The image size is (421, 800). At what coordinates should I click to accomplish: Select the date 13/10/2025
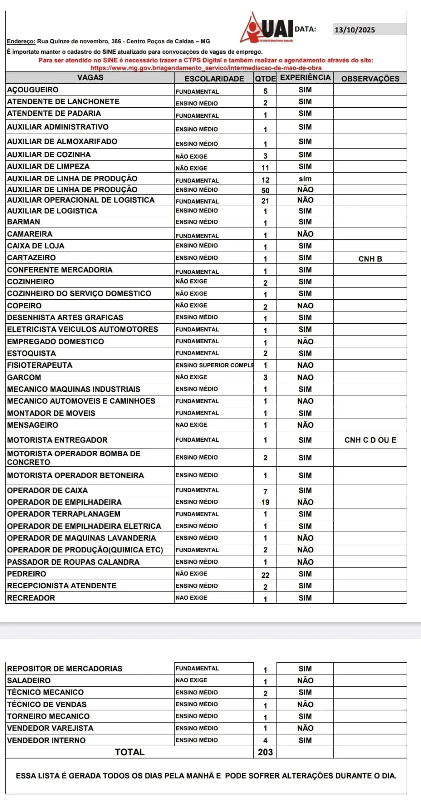tap(355, 30)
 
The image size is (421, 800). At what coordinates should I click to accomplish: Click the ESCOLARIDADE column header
tap(214, 78)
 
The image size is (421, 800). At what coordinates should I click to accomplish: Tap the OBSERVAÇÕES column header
tap(370, 78)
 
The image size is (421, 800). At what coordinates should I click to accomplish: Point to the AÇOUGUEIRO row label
tap(33, 90)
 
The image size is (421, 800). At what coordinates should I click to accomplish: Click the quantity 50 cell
tap(265, 190)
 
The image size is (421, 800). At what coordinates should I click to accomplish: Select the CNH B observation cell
tap(370, 259)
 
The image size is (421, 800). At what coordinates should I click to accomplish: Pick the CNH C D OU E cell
tap(370, 440)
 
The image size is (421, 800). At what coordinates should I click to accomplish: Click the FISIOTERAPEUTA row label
tap(40, 365)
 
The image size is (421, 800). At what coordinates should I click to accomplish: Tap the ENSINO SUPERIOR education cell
tap(214, 365)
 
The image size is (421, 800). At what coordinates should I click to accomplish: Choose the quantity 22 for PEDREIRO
tap(265, 575)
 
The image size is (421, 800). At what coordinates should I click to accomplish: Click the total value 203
tap(265, 752)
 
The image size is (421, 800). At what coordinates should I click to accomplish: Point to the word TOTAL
tap(130, 752)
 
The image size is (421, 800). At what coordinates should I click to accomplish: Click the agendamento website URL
tap(206, 68)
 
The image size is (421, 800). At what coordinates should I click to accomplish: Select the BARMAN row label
tap(24, 222)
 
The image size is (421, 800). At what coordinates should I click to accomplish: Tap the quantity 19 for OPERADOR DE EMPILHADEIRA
tap(265, 502)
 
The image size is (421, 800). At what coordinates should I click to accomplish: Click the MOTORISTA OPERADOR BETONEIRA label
tap(75, 475)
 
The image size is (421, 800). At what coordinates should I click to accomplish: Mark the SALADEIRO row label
tap(29, 680)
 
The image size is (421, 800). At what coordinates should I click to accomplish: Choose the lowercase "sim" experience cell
tap(305, 179)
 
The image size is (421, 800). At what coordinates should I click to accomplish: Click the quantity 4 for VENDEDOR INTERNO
tap(265, 740)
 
